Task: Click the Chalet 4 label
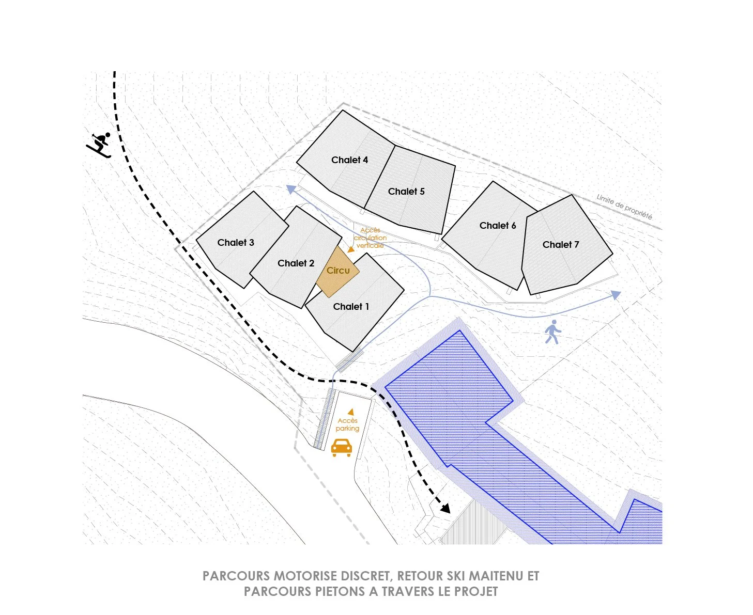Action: point(349,160)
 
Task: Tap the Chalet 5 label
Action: point(406,192)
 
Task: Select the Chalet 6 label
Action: point(497,226)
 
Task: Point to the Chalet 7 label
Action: point(561,245)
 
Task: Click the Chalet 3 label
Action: point(236,243)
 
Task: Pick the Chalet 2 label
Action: point(296,263)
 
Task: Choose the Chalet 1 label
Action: point(350,306)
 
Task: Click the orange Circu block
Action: point(338,271)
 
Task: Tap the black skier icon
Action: point(99,144)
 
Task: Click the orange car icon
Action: point(341,447)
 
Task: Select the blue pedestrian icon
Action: point(552,332)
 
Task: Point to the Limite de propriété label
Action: point(624,207)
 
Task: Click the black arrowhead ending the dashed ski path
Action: point(445,508)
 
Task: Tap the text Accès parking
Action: point(347,424)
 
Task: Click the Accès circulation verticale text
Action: point(370,238)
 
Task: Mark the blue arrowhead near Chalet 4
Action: point(291,189)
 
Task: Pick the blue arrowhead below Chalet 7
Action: point(616,295)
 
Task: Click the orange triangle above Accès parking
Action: point(351,412)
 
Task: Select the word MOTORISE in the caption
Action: point(306,576)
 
